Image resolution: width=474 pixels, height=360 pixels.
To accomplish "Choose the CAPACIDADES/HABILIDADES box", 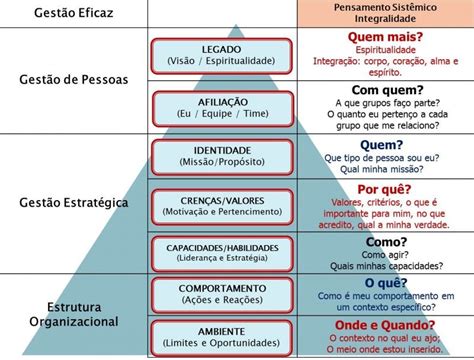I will pyautogui.click(x=221, y=251).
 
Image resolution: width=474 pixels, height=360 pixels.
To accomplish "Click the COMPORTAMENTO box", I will pyautogui.click(x=221, y=294).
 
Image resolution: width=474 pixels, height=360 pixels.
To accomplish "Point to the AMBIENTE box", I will pyautogui.click(x=221, y=335).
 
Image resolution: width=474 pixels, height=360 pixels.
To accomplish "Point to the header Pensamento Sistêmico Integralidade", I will pyautogui.click(x=385, y=14).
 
